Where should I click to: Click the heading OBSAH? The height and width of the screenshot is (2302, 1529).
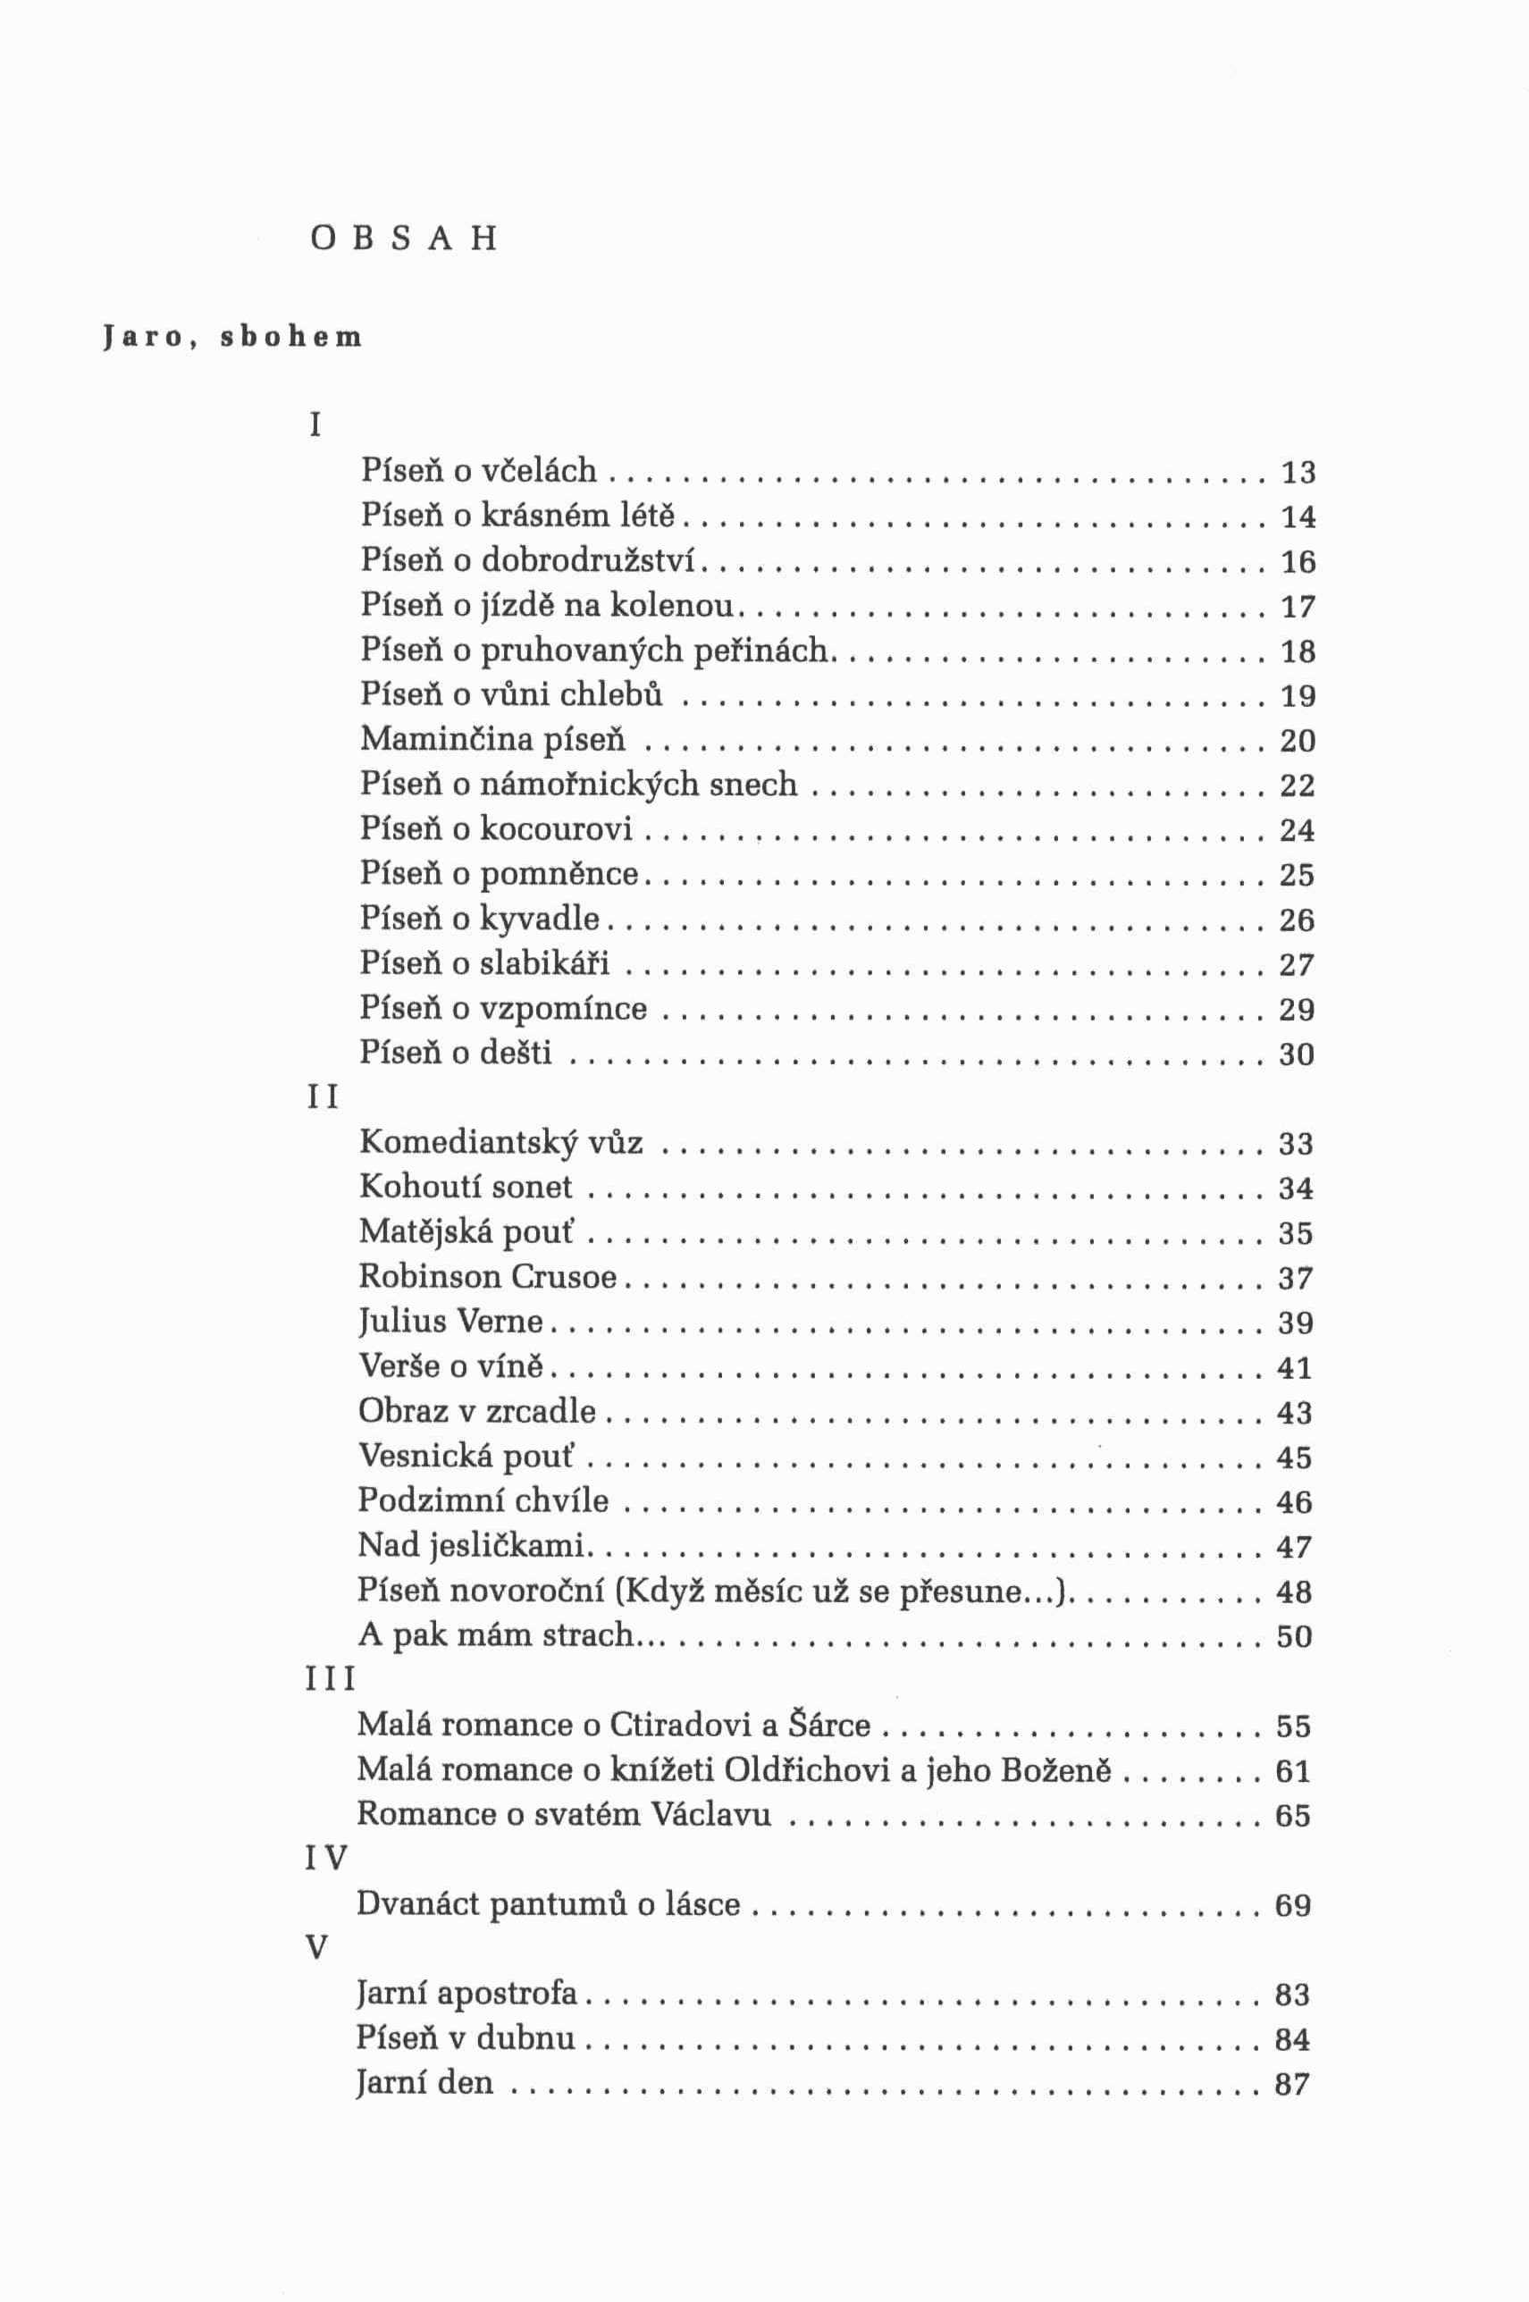tap(403, 239)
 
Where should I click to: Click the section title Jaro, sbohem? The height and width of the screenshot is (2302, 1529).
tap(232, 338)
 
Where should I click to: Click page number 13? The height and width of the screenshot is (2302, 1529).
tap(1298, 473)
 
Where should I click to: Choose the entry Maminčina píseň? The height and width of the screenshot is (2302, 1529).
tap(492, 740)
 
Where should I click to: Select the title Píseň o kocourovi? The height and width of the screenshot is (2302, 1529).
tap(496, 829)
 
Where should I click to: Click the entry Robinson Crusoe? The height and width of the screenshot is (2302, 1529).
tap(489, 1277)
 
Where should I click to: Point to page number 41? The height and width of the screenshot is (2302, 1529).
tap(1295, 1368)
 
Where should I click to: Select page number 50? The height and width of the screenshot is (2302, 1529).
tap(1295, 1636)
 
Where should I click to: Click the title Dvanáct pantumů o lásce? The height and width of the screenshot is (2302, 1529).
tap(548, 1904)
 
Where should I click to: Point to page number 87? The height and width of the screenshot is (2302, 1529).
tap(1292, 2085)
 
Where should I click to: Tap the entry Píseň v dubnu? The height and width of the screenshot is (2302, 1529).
tap(466, 2038)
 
